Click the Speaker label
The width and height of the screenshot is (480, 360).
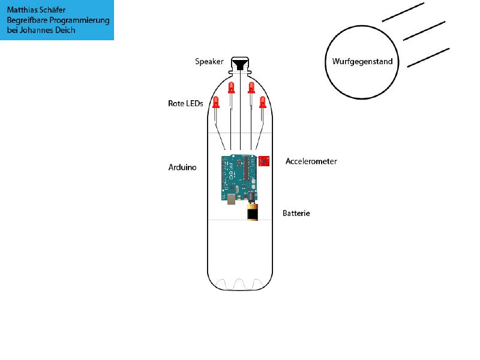tap(209, 62)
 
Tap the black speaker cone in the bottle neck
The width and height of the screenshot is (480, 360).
tap(239, 65)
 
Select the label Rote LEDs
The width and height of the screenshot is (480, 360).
tap(185, 103)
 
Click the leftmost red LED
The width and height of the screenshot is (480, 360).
tap(216, 102)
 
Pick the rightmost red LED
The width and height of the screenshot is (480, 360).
tap(262, 102)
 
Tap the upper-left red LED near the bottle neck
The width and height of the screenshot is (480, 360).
tap(232, 88)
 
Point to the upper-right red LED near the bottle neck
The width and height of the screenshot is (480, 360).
tap(251, 88)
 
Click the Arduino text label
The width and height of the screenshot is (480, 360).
tap(182, 167)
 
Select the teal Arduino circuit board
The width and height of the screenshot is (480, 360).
tap(239, 178)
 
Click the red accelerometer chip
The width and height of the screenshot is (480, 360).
tap(264, 161)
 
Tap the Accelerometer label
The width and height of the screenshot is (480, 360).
tap(311, 161)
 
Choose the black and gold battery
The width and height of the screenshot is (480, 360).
tap(253, 212)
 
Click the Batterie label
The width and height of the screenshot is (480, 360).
tap(296, 213)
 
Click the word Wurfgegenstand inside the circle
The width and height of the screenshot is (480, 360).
tap(362, 62)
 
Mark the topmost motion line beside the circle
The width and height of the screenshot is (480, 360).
tap(403, 12)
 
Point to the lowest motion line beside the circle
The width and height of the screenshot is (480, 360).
tap(428, 58)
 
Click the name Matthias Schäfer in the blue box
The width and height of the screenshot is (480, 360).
tap(36, 10)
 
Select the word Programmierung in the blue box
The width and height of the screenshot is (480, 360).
tap(79, 20)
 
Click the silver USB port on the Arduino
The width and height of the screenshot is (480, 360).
tap(232, 199)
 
